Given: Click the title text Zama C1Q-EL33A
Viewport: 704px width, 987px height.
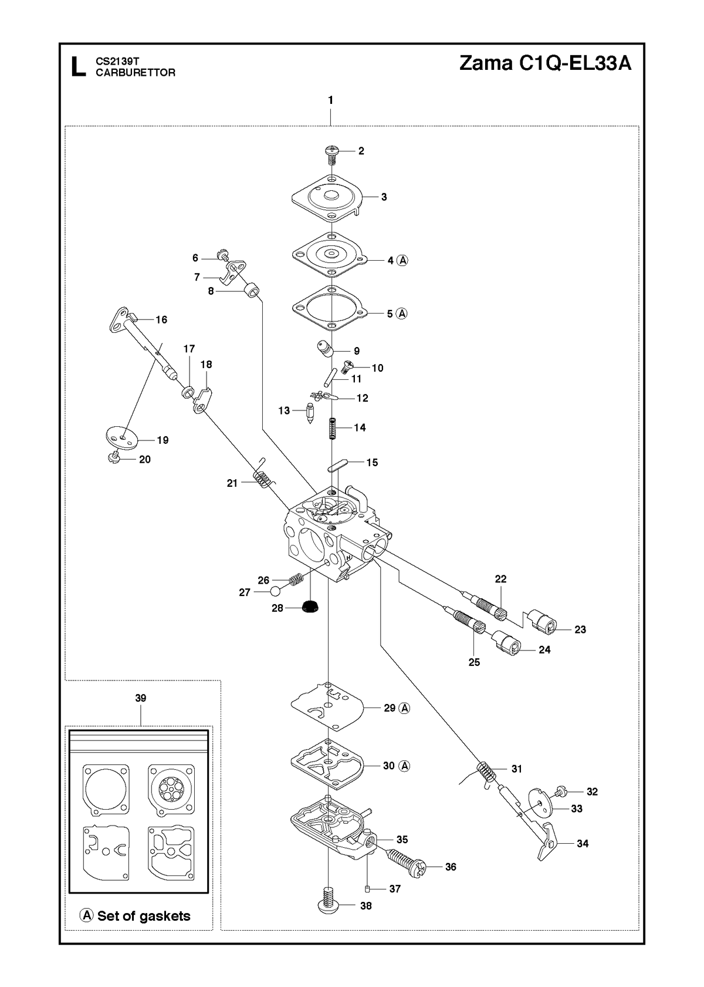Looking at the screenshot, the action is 545,63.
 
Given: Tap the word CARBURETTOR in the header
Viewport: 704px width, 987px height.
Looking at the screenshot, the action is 136,73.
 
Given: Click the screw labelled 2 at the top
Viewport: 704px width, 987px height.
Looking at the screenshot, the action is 331,154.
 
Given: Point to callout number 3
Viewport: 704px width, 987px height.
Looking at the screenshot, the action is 384,197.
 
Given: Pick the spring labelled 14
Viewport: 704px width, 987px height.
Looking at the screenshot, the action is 333,428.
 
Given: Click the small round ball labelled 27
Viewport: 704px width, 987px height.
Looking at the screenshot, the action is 275,591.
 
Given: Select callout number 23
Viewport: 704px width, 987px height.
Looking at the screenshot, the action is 580,629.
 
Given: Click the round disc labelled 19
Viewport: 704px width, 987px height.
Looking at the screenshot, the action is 123,438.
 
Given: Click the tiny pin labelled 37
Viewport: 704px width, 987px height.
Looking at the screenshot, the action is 368,888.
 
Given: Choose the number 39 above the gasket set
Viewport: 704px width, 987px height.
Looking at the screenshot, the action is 140,698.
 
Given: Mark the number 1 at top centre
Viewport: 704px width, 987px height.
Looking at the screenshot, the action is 331,100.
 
